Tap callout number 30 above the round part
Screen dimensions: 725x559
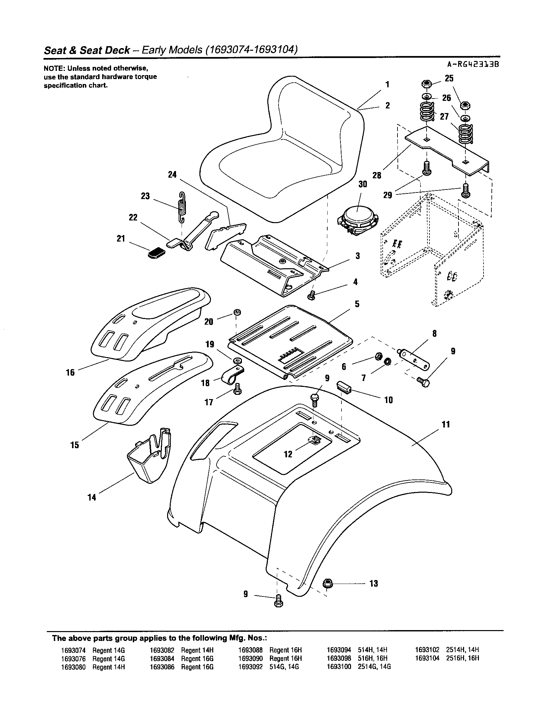coord(363,184)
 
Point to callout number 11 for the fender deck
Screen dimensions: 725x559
coord(446,424)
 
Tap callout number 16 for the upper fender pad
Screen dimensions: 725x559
coord(70,372)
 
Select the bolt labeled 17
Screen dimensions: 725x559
coord(237,389)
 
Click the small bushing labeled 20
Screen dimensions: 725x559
coord(237,312)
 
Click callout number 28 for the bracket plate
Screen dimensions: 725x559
coord(377,175)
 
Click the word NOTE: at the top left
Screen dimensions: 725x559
coord(54,69)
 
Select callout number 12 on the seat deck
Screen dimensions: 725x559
coord(288,454)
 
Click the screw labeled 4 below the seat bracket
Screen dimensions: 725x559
coord(311,294)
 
